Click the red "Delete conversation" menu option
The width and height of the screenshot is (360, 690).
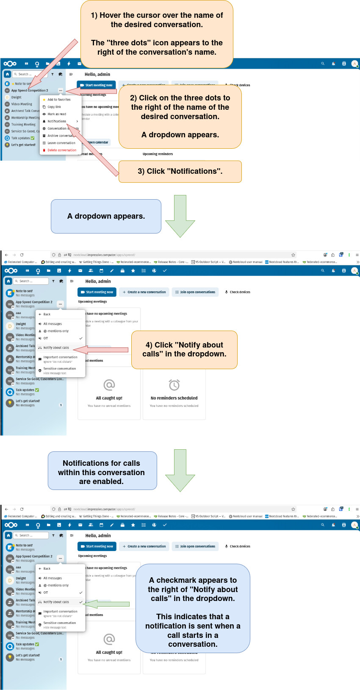pos(62,150)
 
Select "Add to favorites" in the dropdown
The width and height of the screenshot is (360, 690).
pos(59,100)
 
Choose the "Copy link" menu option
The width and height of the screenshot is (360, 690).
pos(54,107)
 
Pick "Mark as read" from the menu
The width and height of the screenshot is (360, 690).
pos(57,114)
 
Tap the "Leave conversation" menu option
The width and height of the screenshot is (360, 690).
pos(61,143)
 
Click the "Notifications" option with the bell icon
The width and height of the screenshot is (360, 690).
pos(57,121)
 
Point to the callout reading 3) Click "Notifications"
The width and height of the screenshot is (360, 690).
pos(180,171)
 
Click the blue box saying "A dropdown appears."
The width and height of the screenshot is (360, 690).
pos(106,216)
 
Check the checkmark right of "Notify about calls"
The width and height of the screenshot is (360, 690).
pos(81,602)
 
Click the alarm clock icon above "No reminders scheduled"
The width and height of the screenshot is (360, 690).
pos(174,385)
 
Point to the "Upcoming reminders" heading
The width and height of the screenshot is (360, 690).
pos(158,154)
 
